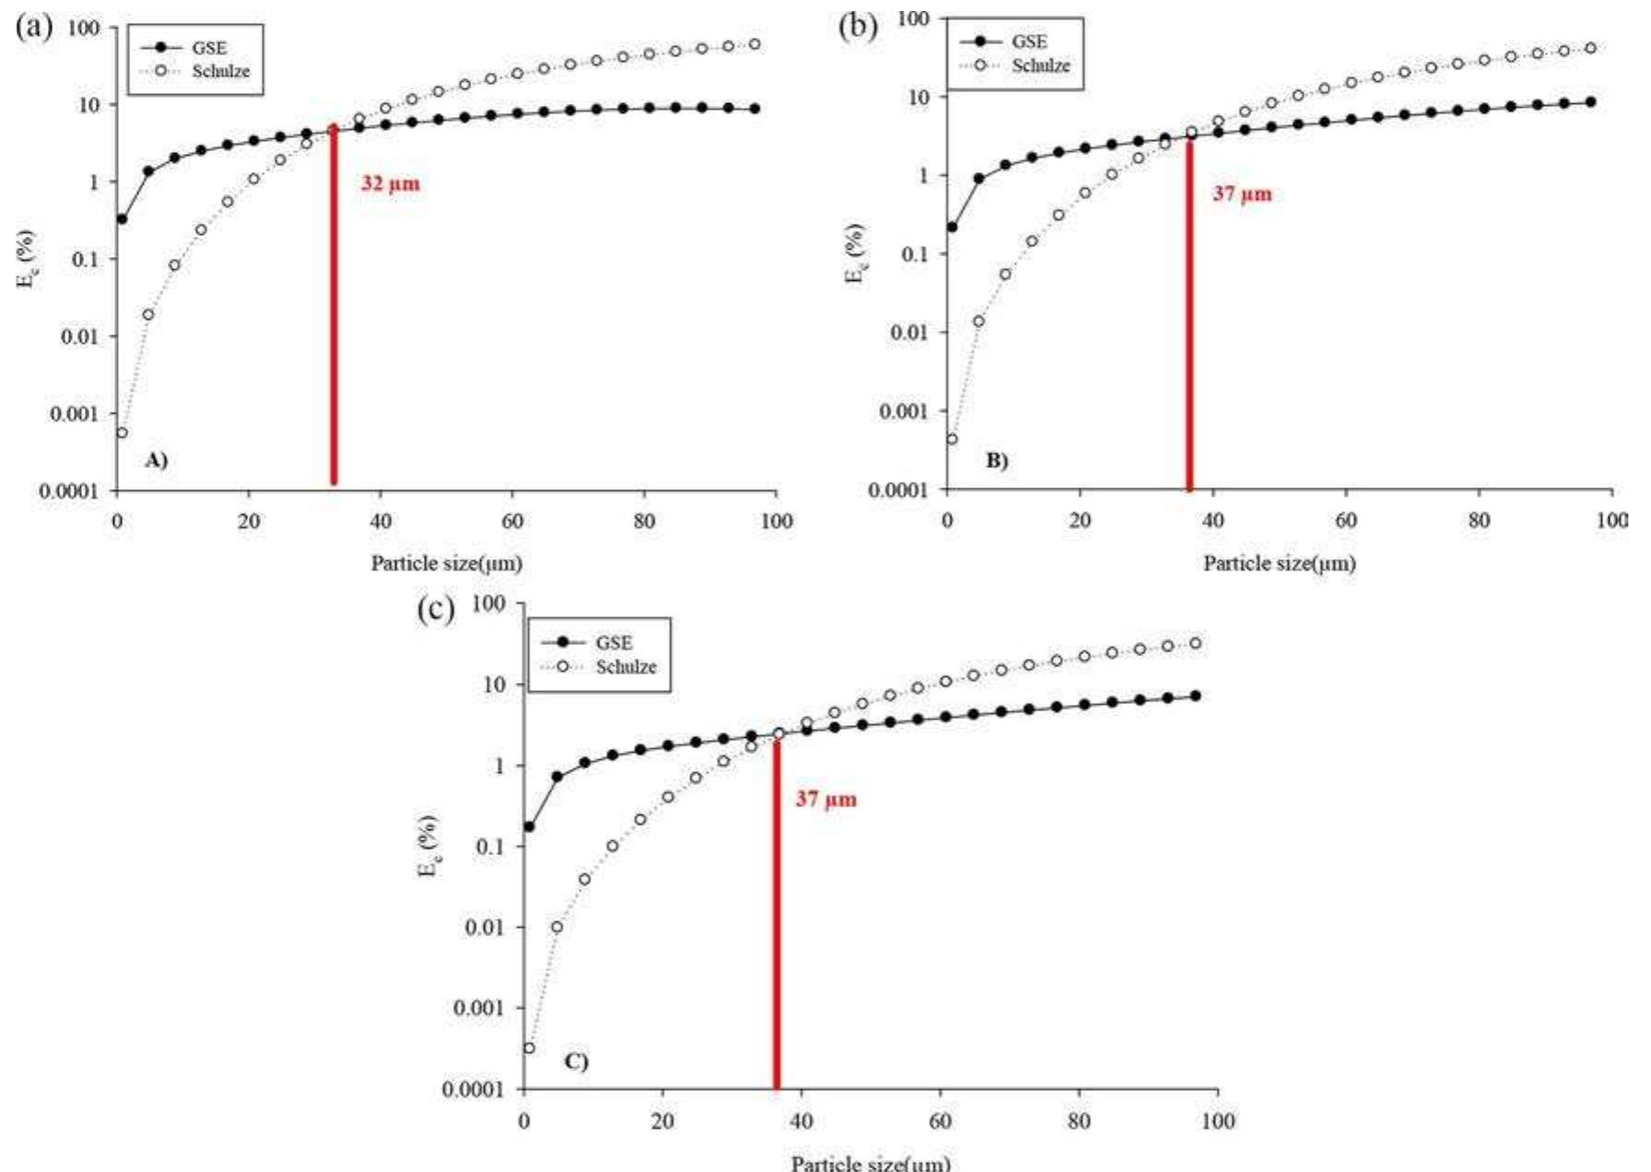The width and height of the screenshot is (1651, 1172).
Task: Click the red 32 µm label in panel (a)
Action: (390, 183)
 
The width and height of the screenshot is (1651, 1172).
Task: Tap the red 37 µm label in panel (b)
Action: (1241, 193)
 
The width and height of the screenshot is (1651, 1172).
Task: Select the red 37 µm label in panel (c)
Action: (825, 799)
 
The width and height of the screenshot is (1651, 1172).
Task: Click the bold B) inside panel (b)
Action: (997, 461)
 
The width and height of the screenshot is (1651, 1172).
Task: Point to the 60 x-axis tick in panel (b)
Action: (1345, 521)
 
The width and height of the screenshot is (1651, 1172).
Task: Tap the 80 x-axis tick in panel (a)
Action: (644, 522)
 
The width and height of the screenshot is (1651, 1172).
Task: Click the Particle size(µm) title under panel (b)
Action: (1279, 563)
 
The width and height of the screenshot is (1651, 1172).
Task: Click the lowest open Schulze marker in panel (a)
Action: (122, 432)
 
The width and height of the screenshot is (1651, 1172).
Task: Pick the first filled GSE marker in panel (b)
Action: (952, 227)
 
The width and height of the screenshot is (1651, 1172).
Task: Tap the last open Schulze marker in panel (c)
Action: (1195, 643)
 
